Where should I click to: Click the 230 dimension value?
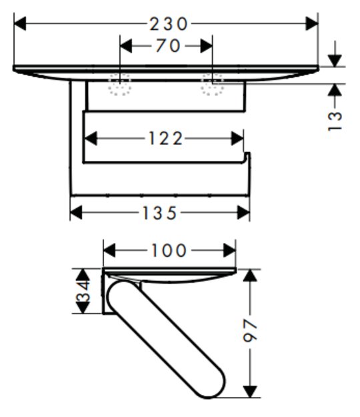point(169,23)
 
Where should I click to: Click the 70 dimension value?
point(168,45)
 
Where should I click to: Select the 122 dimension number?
point(165,138)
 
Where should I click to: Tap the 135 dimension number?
point(159,213)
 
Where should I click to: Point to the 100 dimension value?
point(169,250)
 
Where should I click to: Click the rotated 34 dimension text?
point(83,291)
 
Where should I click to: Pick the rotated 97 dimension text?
point(250,330)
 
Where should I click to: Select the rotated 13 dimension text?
point(335,121)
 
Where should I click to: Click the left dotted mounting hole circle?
point(119,84)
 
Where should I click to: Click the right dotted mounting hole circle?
point(212,84)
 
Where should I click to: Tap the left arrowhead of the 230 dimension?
point(19,23)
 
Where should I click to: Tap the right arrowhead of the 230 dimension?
point(311,23)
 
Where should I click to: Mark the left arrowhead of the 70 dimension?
point(126,46)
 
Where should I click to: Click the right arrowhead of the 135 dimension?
point(243,213)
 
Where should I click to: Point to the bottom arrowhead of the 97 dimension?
point(250,392)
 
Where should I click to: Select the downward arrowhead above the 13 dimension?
point(335,61)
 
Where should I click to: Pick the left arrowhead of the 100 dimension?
point(109,250)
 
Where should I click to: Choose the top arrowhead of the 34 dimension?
point(83,275)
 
